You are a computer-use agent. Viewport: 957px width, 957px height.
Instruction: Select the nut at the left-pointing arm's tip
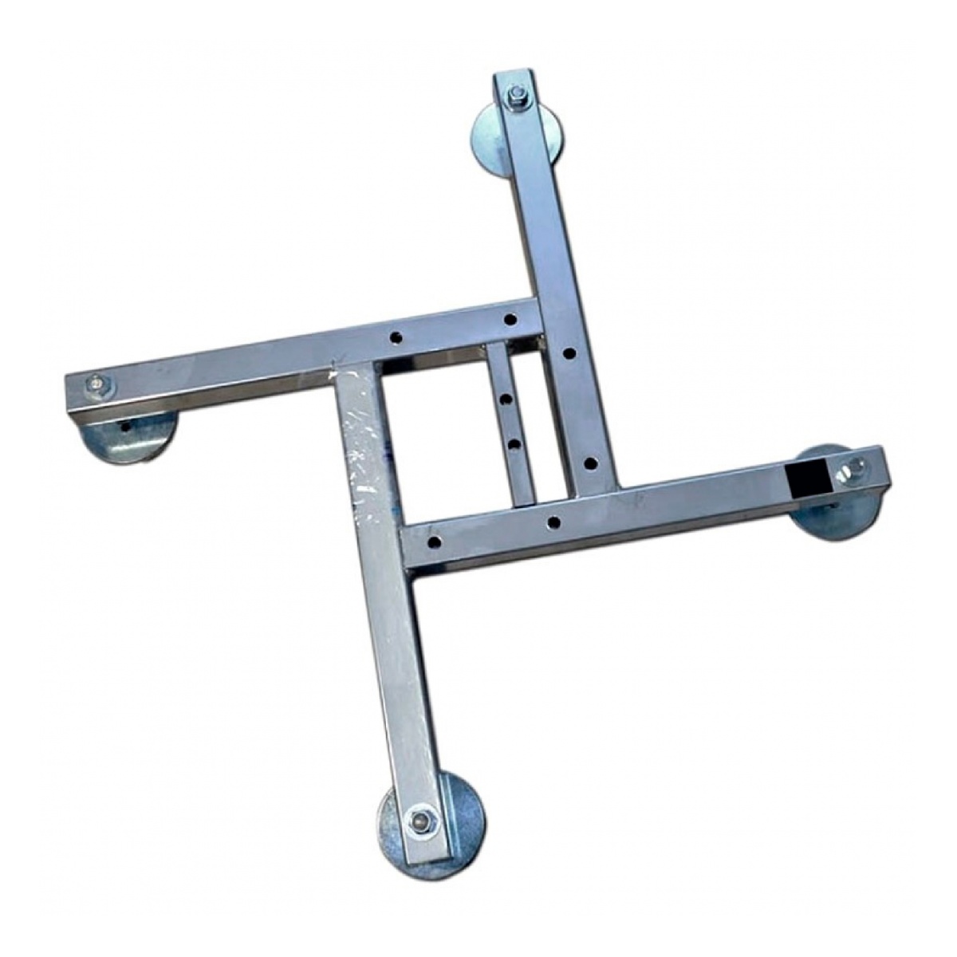point(97,386)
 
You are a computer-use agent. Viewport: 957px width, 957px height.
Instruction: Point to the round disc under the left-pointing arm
point(132,438)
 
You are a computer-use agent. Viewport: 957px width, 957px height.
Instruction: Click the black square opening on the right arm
point(803,478)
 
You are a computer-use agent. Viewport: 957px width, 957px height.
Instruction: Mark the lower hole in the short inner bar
point(514,442)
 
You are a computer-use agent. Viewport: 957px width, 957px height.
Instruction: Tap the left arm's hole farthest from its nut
point(510,320)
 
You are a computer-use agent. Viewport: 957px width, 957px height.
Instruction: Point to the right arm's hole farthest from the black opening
point(434,542)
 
